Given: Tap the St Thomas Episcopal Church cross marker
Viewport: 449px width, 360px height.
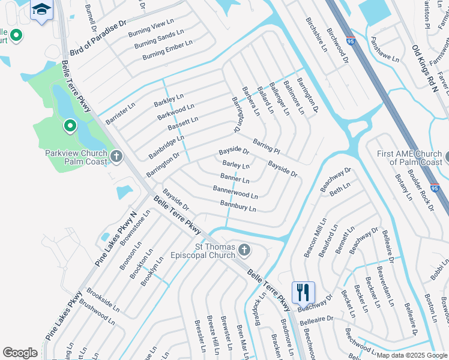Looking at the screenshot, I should click(x=244, y=249).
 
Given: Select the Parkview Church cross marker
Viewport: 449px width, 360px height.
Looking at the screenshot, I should click(x=116, y=157).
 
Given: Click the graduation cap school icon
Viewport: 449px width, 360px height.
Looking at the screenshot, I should click(x=41, y=9).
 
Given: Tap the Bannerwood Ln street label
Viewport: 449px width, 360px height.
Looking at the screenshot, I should click(x=235, y=192).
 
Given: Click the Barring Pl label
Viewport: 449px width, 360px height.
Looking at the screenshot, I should click(x=267, y=145).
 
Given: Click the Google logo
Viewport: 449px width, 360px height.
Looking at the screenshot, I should click(x=20, y=353).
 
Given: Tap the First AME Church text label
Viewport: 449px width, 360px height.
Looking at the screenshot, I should click(x=410, y=158).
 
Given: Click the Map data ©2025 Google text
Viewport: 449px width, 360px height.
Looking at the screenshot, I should click(x=411, y=355).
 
